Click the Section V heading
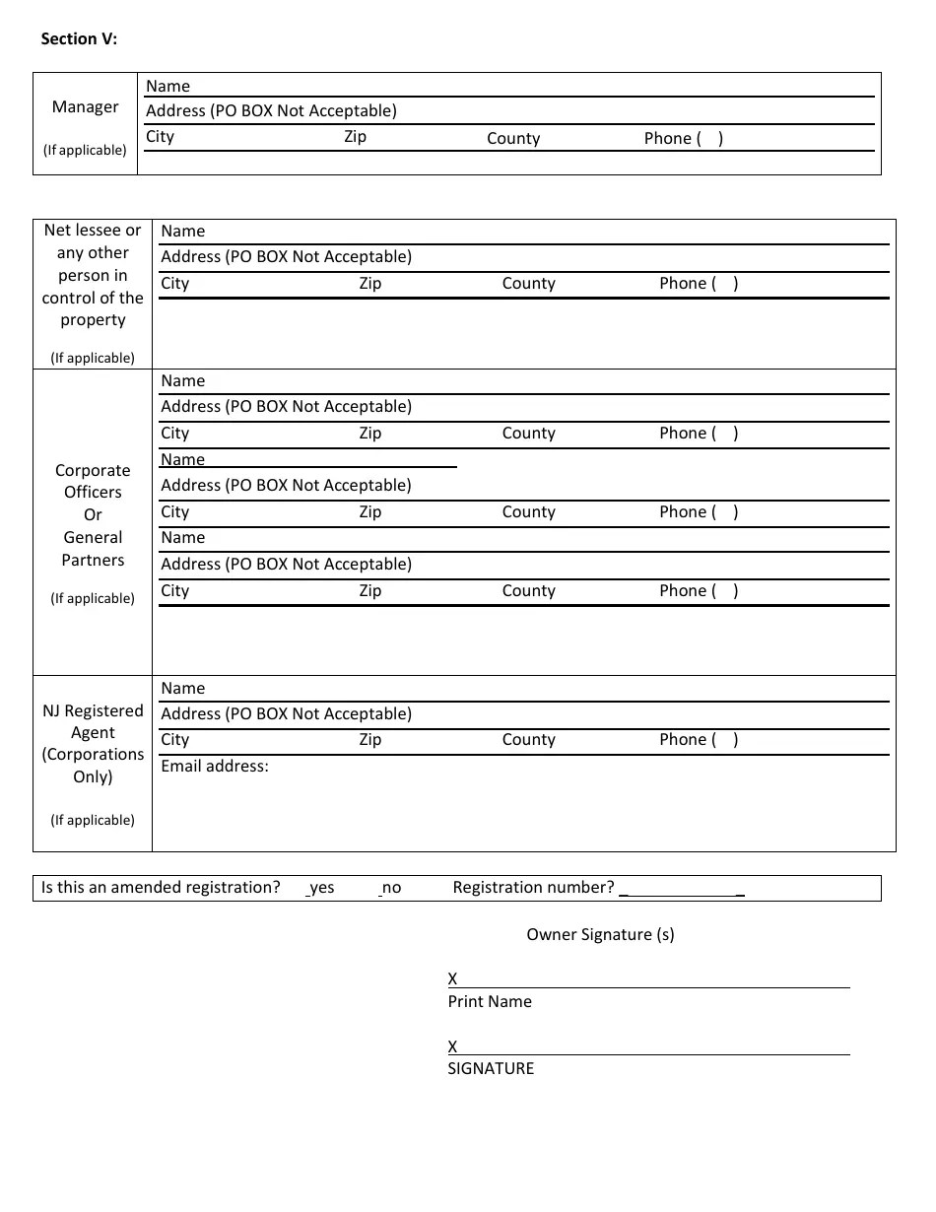(x=79, y=39)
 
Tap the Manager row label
(x=86, y=106)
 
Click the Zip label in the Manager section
(x=355, y=137)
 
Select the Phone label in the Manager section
(x=683, y=139)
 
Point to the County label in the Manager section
(x=513, y=139)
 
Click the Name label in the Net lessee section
(x=183, y=232)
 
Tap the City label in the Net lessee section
(x=175, y=284)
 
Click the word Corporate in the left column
(x=93, y=471)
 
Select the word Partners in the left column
(x=93, y=561)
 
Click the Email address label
(x=215, y=767)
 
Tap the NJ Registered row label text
(x=93, y=711)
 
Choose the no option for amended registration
(x=391, y=888)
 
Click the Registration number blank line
(x=682, y=890)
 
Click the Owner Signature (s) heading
(x=600, y=934)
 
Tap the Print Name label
(x=490, y=1002)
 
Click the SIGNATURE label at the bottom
(x=491, y=1069)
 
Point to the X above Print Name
(x=453, y=978)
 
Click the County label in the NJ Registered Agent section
(x=529, y=740)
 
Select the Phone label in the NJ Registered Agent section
(x=699, y=740)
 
